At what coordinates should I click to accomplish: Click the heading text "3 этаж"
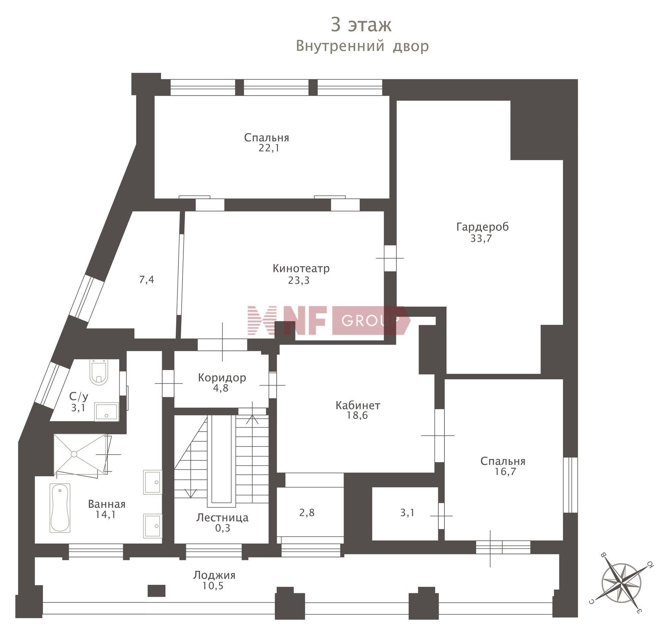point(361,25)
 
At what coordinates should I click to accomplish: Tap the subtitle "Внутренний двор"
point(362,46)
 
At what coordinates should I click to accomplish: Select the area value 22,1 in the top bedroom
point(269,148)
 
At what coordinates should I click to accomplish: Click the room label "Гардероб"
point(482,227)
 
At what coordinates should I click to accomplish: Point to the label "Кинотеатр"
point(301,268)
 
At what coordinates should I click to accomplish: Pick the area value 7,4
point(147,280)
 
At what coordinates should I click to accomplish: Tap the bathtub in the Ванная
point(60,508)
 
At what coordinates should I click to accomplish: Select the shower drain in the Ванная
point(74,454)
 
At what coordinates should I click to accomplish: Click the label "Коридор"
point(222,378)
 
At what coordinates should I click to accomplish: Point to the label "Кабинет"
point(358,405)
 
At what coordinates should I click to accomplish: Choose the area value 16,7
point(505,472)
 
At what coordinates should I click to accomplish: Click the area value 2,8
point(307,513)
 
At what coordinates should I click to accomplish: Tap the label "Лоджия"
point(214,575)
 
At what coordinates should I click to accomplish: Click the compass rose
point(621,582)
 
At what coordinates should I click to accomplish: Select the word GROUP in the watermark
point(370,320)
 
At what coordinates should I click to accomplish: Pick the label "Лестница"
point(222,518)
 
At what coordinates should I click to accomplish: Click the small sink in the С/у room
point(106,412)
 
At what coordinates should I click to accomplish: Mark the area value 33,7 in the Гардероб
point(481,238)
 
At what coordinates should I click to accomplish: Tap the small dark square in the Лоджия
point(157,591)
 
